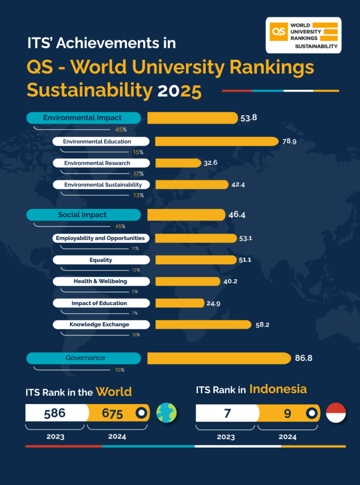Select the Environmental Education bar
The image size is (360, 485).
coord(216,141)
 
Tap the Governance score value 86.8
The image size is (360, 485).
coord(304,358)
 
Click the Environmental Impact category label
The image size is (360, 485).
coord(83,118)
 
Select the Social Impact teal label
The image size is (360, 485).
coord(83,215)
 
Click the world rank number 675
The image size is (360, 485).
coord(113,413)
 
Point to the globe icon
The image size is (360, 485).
coord(166,413)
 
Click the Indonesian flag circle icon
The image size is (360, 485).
coord(336,413)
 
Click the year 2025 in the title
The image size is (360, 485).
coord(180,90)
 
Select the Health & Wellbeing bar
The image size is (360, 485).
coord(188,281)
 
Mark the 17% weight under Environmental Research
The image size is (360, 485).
coord(138,173)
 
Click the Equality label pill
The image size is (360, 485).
coord(101,260)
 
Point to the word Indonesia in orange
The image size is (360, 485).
coord(278,389)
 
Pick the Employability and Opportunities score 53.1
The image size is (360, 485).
coord(245,238)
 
